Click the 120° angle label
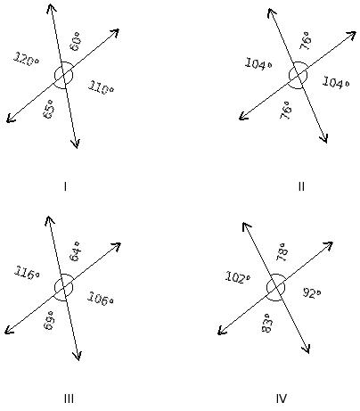point(26,60)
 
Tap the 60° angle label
point(75,42)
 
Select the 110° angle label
point(101,87)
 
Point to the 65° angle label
point(49,109)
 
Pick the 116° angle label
point(27,273)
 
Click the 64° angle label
point(74,251)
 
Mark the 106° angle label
point(101,299)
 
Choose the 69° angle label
point(49,320)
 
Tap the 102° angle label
point(238,277)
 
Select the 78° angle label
point(282,252)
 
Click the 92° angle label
point(312,292)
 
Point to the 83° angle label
point(266,324)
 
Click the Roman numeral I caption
point(65,186)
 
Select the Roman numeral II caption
point(301,186)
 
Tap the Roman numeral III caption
point(69,399)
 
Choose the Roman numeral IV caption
point(281,399)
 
